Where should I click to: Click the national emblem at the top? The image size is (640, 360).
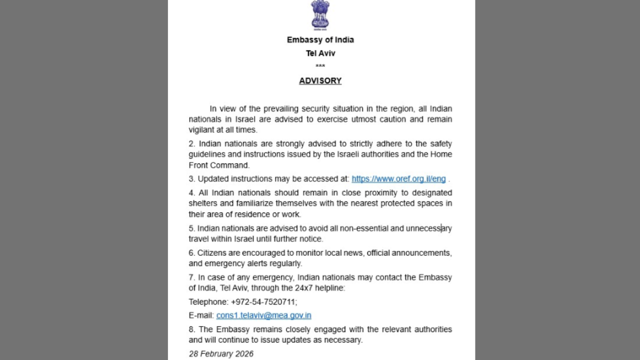[x=320, y=15]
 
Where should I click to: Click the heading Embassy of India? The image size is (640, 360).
[x=320, y=40]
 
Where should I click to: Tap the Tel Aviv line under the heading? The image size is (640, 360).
[x=320, y=53]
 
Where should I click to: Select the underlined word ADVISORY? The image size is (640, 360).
[x=320, y=81]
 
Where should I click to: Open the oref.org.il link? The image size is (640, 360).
[x=398, y=179]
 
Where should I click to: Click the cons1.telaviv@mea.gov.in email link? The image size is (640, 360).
[x=263, y=315]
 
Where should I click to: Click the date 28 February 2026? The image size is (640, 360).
[x=221, y=354]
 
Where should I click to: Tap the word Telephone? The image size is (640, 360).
[x=207, y=302]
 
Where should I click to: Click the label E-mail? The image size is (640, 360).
[x=201, y=315]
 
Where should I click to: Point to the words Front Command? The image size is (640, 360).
[x=218, y=165]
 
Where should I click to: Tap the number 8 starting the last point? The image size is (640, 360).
[x=191, y=329]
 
